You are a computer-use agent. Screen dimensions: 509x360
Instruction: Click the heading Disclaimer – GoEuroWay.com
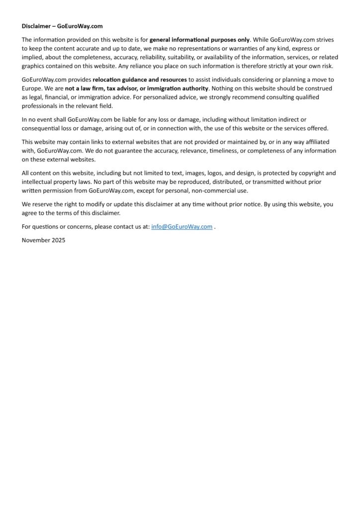pyautogui.click(x=62, y=26)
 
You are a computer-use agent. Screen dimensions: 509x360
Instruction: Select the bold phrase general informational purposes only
pyautogui.click(x=199, y=39)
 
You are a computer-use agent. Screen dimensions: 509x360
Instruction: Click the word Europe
pyautogui.click(x=31, y=88)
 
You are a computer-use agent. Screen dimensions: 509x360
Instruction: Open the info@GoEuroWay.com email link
pyautogui.click(x=181, y=227)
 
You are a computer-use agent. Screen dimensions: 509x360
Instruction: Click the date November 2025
pyautogui.click(x=44, y=240)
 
